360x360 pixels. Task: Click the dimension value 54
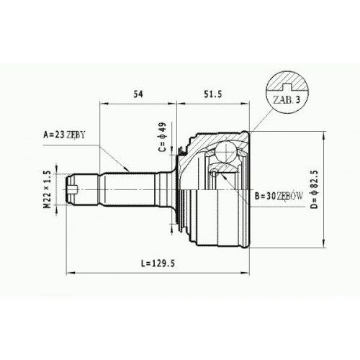[x=138, y=94]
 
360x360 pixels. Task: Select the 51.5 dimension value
[x=213, y=94]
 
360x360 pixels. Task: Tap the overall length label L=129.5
[x=158, y=264]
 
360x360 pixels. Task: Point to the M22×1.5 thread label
[x=48, y=189]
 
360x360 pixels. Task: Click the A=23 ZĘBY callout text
[x=64, y=135]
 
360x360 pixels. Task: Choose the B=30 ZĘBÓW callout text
[x=279, y=197]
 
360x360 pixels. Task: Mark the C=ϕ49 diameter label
[x=162, y=137]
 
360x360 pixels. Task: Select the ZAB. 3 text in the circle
[x=287, y=100]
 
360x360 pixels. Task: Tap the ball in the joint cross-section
[x=226, y=152]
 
